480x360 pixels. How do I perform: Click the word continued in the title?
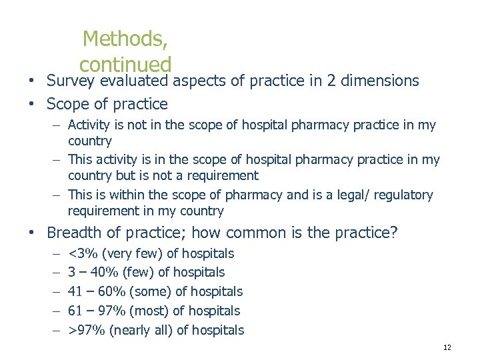(x=125, y=65)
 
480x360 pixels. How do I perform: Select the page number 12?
(x=447, y=348)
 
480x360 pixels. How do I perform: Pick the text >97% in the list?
(x=87, y=330)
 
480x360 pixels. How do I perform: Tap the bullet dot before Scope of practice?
(x=31, y=105)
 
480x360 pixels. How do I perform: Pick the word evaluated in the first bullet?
(x=137, y=81)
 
